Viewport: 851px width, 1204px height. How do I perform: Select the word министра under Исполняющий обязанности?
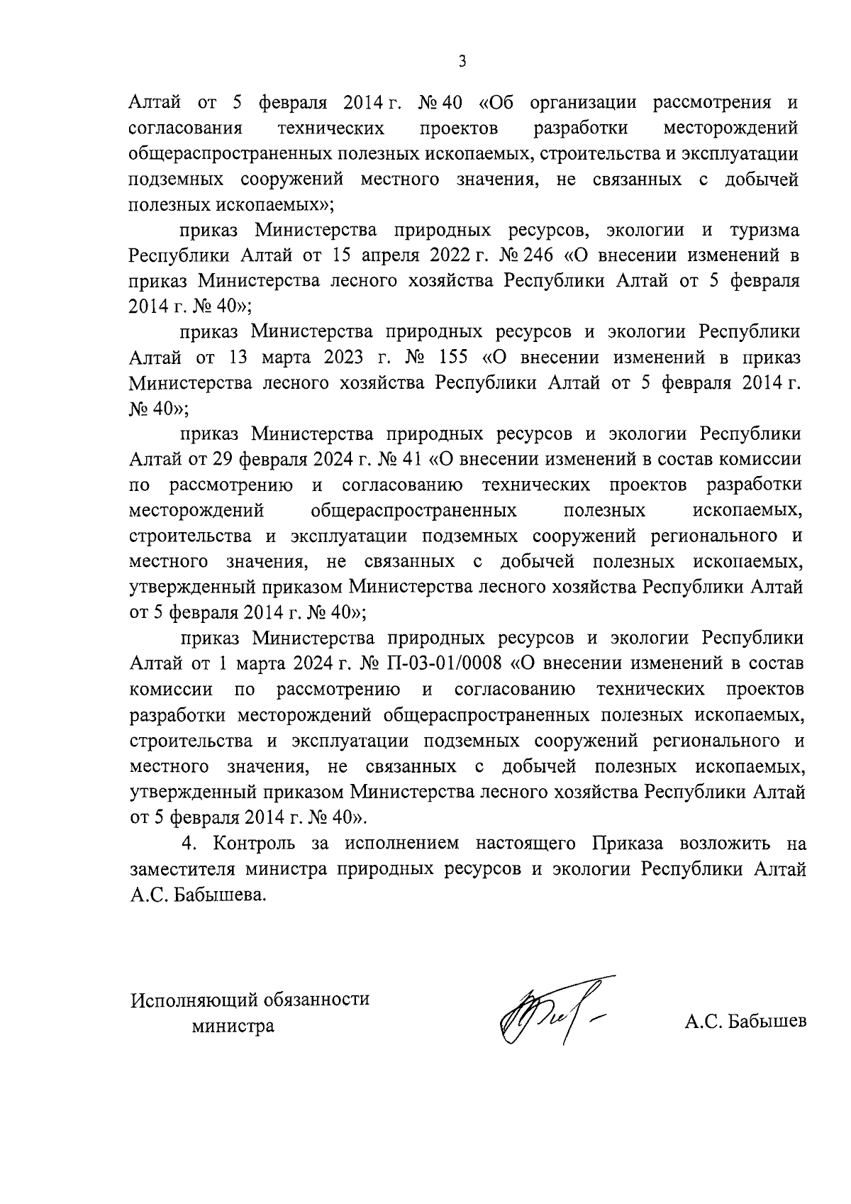(232, 1025)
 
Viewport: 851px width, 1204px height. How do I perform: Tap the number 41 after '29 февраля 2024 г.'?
(412, 460)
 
